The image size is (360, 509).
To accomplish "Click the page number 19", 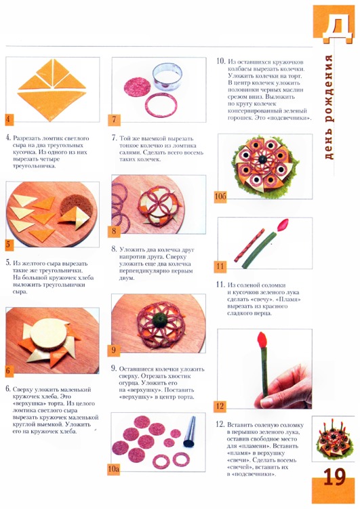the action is tap(335, 477).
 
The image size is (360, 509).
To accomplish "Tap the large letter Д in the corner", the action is tap(337, 28).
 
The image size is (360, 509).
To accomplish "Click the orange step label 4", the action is tap(9, 119).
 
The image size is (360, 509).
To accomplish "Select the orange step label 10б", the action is tap(220, 196).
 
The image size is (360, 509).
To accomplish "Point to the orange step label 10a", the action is tap(114, 469).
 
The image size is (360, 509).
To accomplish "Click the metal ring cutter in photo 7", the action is tap(167, 77).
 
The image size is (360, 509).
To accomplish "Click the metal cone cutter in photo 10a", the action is tap(189, 432).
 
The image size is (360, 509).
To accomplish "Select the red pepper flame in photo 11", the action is tap(283, 224).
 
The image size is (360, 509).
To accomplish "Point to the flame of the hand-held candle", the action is tap(262, 340).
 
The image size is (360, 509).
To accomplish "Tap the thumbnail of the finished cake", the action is tap(333, 439).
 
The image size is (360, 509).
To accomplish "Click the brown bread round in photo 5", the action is tap(77, 209).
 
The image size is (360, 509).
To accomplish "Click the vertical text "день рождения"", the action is tap(329, 107).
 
